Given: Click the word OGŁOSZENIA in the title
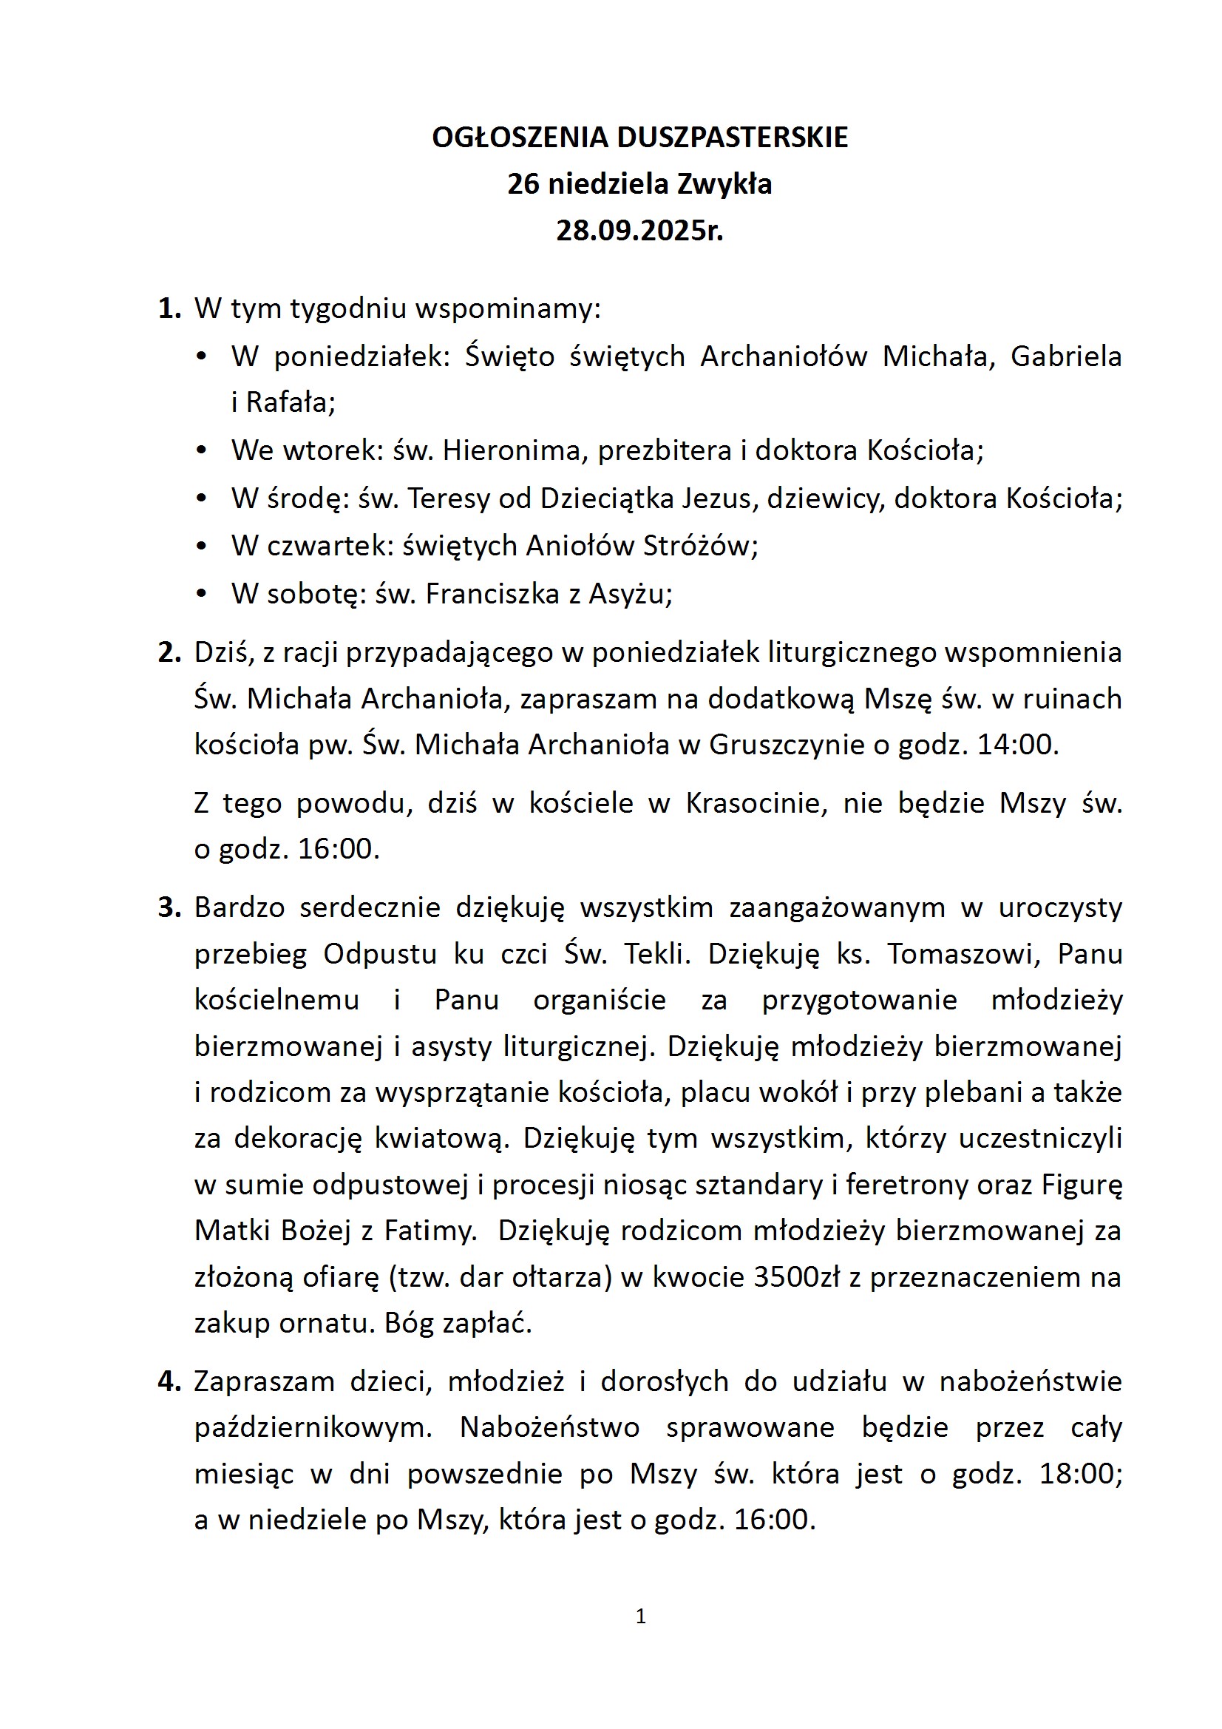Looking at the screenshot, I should (x=520, y=138).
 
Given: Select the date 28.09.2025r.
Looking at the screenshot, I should (x=639, y=231).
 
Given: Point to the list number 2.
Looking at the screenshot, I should (x=169, y=652).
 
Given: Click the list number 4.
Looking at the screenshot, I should (x=169, y=1381).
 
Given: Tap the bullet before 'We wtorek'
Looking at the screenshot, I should (x=201, y=450).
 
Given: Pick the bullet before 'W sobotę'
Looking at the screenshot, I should (x=201, y=594).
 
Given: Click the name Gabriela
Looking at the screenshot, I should (x=1065, y=356).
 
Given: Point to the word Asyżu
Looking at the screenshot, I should (x=628, y=594).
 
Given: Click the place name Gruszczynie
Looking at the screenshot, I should (x=787, y=745).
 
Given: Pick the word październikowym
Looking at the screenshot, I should (x=313, y=1428).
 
